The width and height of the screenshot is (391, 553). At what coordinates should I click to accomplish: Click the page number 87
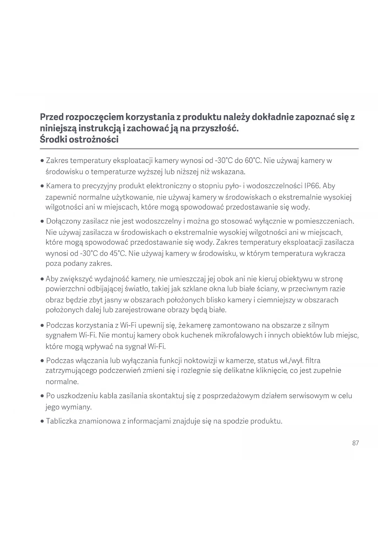pos(355,443)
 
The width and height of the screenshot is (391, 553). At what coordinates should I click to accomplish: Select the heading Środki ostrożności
pos(79,139)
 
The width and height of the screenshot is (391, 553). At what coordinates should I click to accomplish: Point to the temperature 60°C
pos(253,161)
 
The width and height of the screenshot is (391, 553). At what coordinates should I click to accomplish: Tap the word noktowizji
pos(200,360)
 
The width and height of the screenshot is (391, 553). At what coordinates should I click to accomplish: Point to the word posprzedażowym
pos(231,396)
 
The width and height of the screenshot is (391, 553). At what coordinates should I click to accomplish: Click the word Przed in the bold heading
pos(52,117)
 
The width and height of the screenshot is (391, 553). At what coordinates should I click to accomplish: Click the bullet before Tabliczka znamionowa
pos(42,421)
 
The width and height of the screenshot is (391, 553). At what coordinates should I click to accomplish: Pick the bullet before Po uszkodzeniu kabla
pos(42,396)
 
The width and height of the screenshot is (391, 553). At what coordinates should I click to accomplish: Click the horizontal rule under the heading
pos(199,148)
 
